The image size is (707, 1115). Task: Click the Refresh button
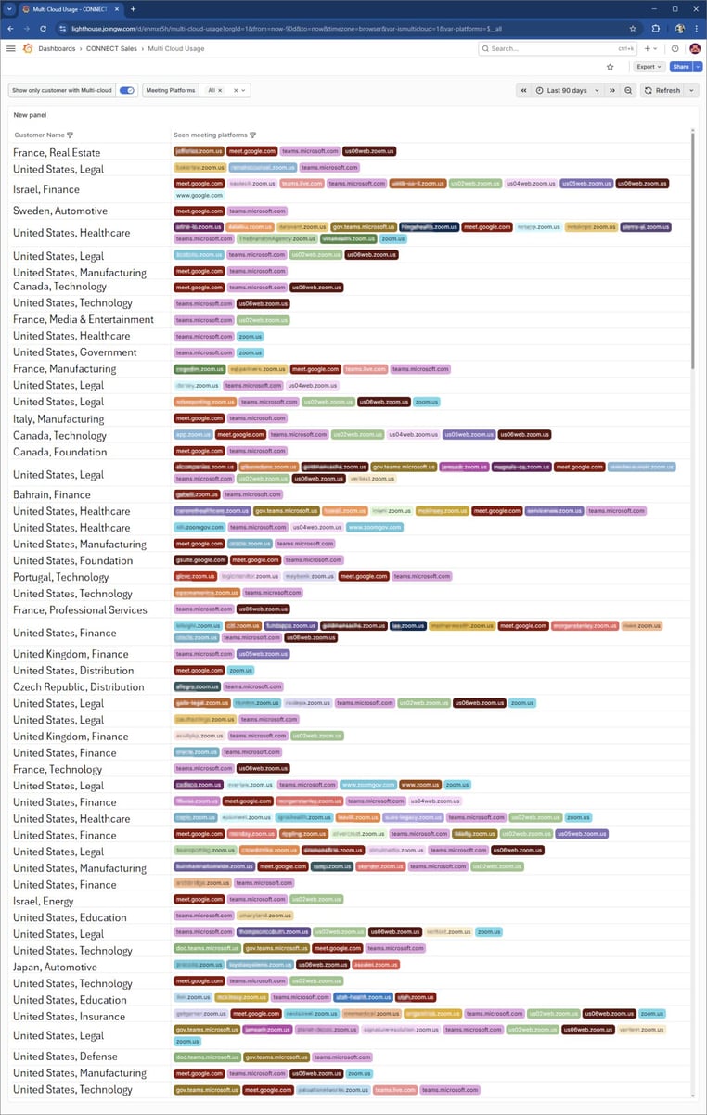pos(662,90)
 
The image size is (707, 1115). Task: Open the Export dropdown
pos(648,67)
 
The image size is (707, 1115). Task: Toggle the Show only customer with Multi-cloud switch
pos(127,90)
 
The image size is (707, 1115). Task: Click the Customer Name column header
pos(40,135)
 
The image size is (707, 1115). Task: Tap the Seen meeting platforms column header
pos(210,135)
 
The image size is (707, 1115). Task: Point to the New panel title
pos(30,115)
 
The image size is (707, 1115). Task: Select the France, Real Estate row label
pos(57,152)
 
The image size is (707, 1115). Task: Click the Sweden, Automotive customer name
pos(60,211)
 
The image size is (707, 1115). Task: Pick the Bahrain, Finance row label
pos(52,494)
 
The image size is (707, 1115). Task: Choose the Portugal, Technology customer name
pos(60,577)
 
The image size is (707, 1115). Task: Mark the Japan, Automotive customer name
pos(55,967)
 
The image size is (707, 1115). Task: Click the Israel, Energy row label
pos(43,901)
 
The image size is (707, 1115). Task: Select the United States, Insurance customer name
pos(69,1016)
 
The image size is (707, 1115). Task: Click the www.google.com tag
pos(199,196)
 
